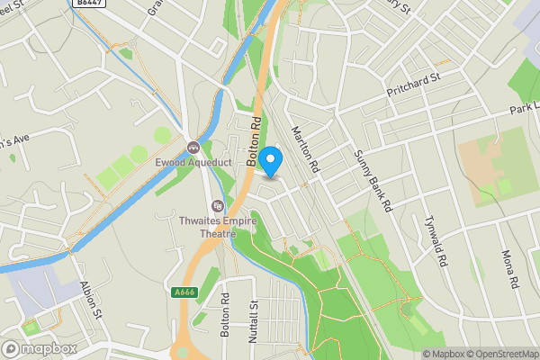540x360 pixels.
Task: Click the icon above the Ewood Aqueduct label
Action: [x=192, y=147]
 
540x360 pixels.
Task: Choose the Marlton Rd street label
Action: [x=306, y=148]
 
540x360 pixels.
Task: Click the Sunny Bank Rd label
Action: [x=372, y=180]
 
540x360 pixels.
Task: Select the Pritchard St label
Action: [x=412, y=84]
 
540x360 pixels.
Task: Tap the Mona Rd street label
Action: [x=514, y=268]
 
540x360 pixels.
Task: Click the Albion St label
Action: [x=86, y=293]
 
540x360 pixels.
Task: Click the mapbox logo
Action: [x=39, y=347]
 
